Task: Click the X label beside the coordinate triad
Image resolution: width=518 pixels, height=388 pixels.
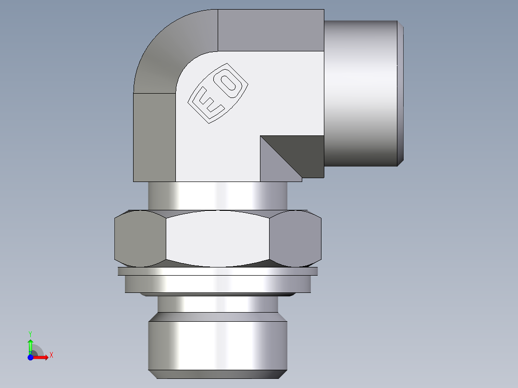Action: [x=51, y=355]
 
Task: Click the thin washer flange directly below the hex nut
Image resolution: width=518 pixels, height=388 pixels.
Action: [x=217, y=271]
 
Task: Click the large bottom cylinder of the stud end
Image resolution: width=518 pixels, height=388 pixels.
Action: [x=217, y=346]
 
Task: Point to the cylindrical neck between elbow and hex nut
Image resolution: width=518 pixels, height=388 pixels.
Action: [x=217, y=195]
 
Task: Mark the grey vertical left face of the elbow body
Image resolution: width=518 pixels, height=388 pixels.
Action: [x=154, y=137]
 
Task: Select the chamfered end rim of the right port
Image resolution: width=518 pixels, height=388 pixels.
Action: [x=400, y=94]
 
